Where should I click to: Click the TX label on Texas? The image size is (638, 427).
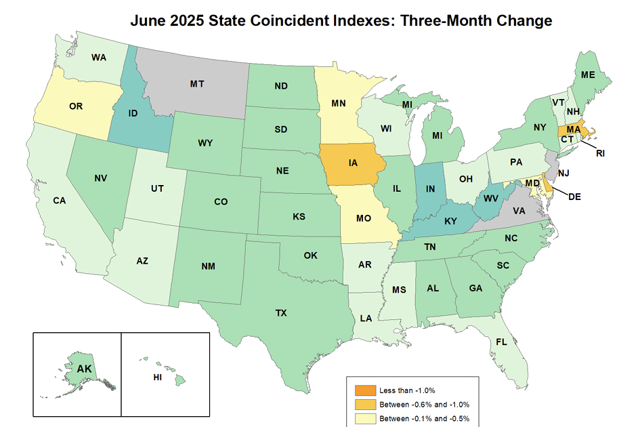click(x=280, y=313)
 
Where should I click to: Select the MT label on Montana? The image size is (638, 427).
click(x=197, y=85)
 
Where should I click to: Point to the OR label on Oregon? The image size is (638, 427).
click(x=77, y=106)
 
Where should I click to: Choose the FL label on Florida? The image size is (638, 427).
click(x=501, y=342)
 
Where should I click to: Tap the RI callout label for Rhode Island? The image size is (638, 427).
click(x=600, y=153)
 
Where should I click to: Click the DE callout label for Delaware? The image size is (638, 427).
click(x=574, y=197)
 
